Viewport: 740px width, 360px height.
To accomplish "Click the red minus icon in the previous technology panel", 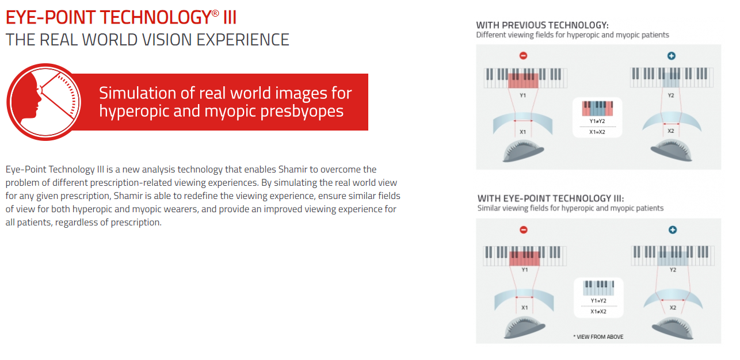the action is (x=523, y=55).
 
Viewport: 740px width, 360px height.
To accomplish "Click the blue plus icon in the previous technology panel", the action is (x=672, y=55).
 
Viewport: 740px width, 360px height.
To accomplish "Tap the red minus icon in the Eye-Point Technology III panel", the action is (x=524, y=229).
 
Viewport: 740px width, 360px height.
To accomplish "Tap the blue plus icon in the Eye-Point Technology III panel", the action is (x=673, y=229).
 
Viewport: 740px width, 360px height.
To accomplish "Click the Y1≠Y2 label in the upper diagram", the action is (x=597, y=121).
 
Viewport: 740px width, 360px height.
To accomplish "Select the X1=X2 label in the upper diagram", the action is (x=597, y=132).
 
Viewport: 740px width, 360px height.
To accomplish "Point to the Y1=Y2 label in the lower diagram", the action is (x=598, y=301).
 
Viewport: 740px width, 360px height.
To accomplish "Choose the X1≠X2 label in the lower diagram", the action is (x=598, y=312).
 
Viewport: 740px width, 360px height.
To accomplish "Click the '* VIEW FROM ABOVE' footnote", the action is (x=598, y=336).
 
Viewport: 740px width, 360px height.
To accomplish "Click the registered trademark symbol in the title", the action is (x=215, y=13).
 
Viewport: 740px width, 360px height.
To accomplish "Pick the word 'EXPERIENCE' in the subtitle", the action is (x=243, y=40).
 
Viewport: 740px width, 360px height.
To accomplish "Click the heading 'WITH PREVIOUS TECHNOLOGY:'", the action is (x=542, y=25).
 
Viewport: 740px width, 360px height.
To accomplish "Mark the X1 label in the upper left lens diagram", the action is (x=522, y=132).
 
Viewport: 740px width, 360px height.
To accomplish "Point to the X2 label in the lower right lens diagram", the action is (x=673, y=308).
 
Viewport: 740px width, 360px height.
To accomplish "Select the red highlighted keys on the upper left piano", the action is (x=523, y=81).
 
